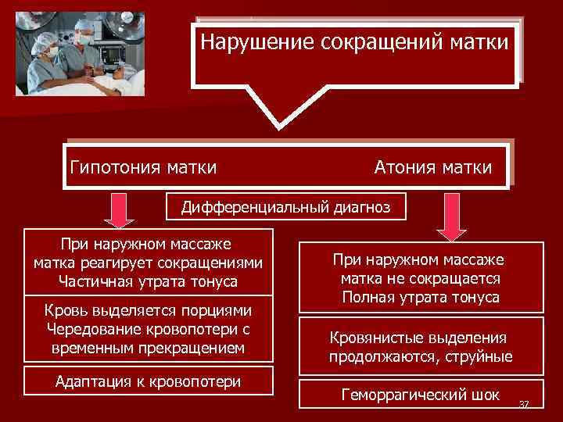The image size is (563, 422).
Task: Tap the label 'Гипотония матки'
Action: point(143,166)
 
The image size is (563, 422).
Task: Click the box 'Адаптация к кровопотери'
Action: point(149,381)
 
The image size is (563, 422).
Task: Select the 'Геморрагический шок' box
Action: point(421,395)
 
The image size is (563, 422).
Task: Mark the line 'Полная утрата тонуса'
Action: point(420,298)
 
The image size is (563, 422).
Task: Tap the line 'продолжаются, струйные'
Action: point(421,357)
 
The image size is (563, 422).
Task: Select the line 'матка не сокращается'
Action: point(420,278)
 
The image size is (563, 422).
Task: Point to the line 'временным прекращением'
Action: point(149,346)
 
